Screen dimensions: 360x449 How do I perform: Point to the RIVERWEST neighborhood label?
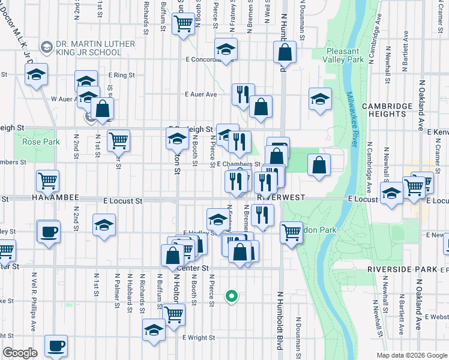point(282,197)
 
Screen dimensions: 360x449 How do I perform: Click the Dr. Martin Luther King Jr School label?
point(88,48)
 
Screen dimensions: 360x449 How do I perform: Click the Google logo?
point(19,353)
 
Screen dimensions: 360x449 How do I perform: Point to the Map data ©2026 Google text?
point(411,355)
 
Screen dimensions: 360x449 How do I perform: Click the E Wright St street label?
point(197,338)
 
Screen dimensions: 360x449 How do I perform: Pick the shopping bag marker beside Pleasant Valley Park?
point(285,53)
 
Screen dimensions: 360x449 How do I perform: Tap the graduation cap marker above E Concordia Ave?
point(226,49)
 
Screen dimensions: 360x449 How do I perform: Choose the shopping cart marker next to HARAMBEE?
point(47,179)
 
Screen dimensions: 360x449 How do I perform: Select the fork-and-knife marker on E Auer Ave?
point(243,94)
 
